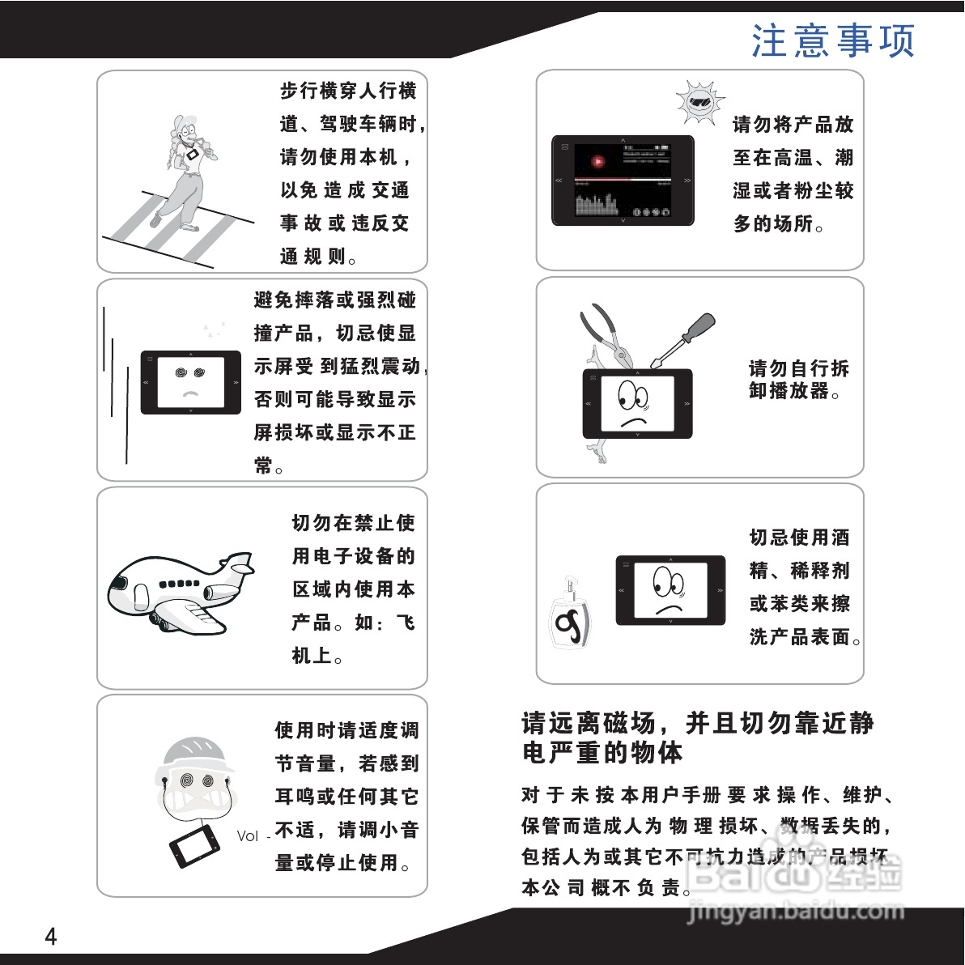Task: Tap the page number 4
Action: tap(51, 937)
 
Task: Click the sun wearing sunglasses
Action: tap(697, 103)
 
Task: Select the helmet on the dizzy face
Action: tap(195, 754)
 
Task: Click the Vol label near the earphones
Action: tap(248, 836)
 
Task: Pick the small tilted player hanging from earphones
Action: tap(194, 845)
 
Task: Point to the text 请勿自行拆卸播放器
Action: tap(798, 380)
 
